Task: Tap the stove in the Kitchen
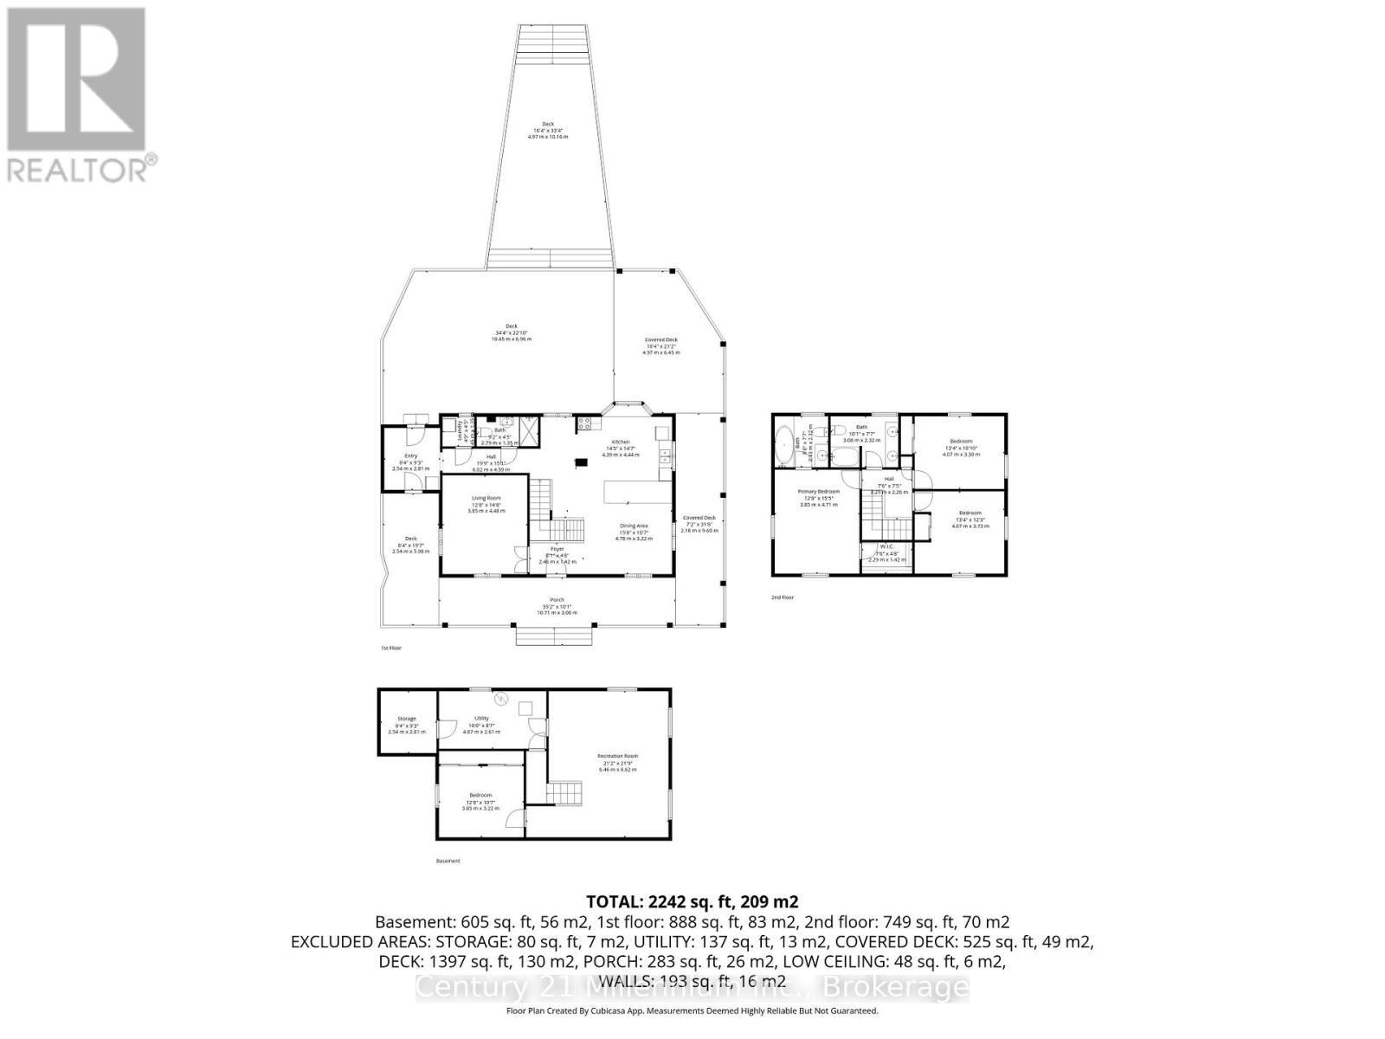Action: (x=583, y=423)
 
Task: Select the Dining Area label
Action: (x=634, y=526)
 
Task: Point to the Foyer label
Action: (x=557, y=548)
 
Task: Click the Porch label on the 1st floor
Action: (x=557, y=600)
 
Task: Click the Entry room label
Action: (x=410, y=456)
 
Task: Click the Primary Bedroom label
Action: (x=818, y=491)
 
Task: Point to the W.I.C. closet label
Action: (x=887, y=546)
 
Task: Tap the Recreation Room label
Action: (x=617, y=756)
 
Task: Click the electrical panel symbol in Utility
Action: (x=499, y=699)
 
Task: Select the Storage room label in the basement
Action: (x=407, y=719)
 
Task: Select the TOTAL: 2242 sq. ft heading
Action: (x=692, y=900)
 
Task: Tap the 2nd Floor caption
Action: (x=782, y=597)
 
